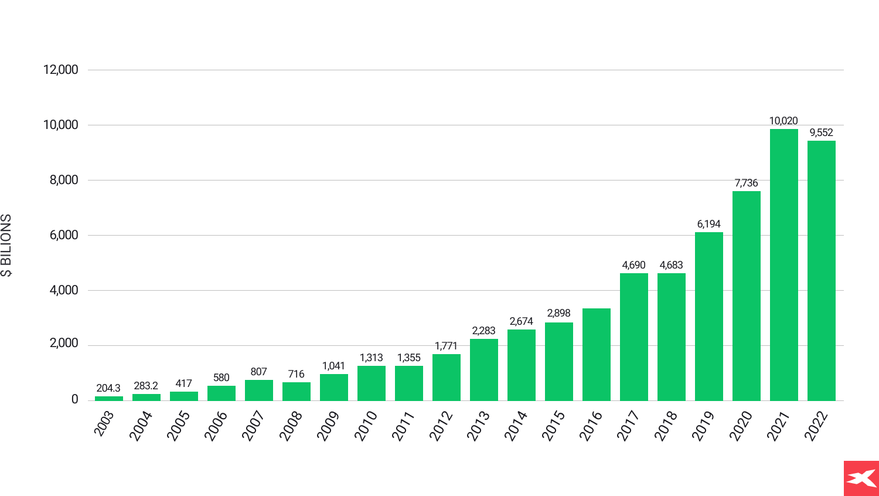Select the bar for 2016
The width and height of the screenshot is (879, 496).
coord(596,355)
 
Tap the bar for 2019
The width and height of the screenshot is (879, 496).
coord(708,317)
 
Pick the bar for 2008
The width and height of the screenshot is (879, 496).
coord(296,392)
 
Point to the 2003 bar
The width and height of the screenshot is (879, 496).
coord(109,399)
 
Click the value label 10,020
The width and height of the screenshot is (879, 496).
coord(783,121)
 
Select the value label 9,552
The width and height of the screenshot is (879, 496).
coord(821,133)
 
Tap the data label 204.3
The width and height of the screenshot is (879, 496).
coord(108,388)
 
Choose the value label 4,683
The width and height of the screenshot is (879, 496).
coord(671,265)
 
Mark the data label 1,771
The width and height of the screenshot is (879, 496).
coord(446,346)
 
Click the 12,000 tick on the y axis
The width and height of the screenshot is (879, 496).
coord(60,70)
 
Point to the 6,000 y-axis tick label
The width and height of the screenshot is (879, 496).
coord(63,235)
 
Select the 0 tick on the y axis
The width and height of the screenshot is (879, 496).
coord(74,399)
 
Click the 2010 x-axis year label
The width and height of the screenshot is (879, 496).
coord(366,426)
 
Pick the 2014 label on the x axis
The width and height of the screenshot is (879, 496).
coord(516,426)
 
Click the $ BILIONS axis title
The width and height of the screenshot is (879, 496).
coord(6,245)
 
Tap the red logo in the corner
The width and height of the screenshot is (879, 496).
coord(861,478)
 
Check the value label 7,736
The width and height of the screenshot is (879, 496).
coord(746,183)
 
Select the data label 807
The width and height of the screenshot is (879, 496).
coord(258,372)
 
